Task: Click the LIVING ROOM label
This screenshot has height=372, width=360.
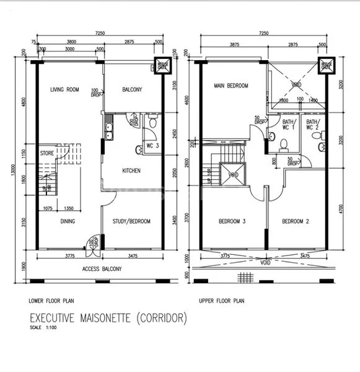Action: click(x=65, y=90)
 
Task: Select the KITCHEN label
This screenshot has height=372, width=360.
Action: click(x=131, y=170)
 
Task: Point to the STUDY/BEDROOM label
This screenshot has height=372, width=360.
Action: click(x=131, y=221)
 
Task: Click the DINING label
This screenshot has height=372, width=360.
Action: click(x=68, y=221)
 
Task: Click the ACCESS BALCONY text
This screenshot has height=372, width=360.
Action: click(x=102, y=269)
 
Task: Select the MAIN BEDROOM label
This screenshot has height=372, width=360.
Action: click(x=231, y=86)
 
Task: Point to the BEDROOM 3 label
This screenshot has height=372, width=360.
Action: click(x=233, y=221)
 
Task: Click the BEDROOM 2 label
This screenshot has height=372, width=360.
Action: click(x=296, y=221)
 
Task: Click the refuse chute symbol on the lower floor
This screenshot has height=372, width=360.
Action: click(x=162, y=66)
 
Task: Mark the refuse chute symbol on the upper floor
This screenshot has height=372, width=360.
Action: click(x=326, y=66)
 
